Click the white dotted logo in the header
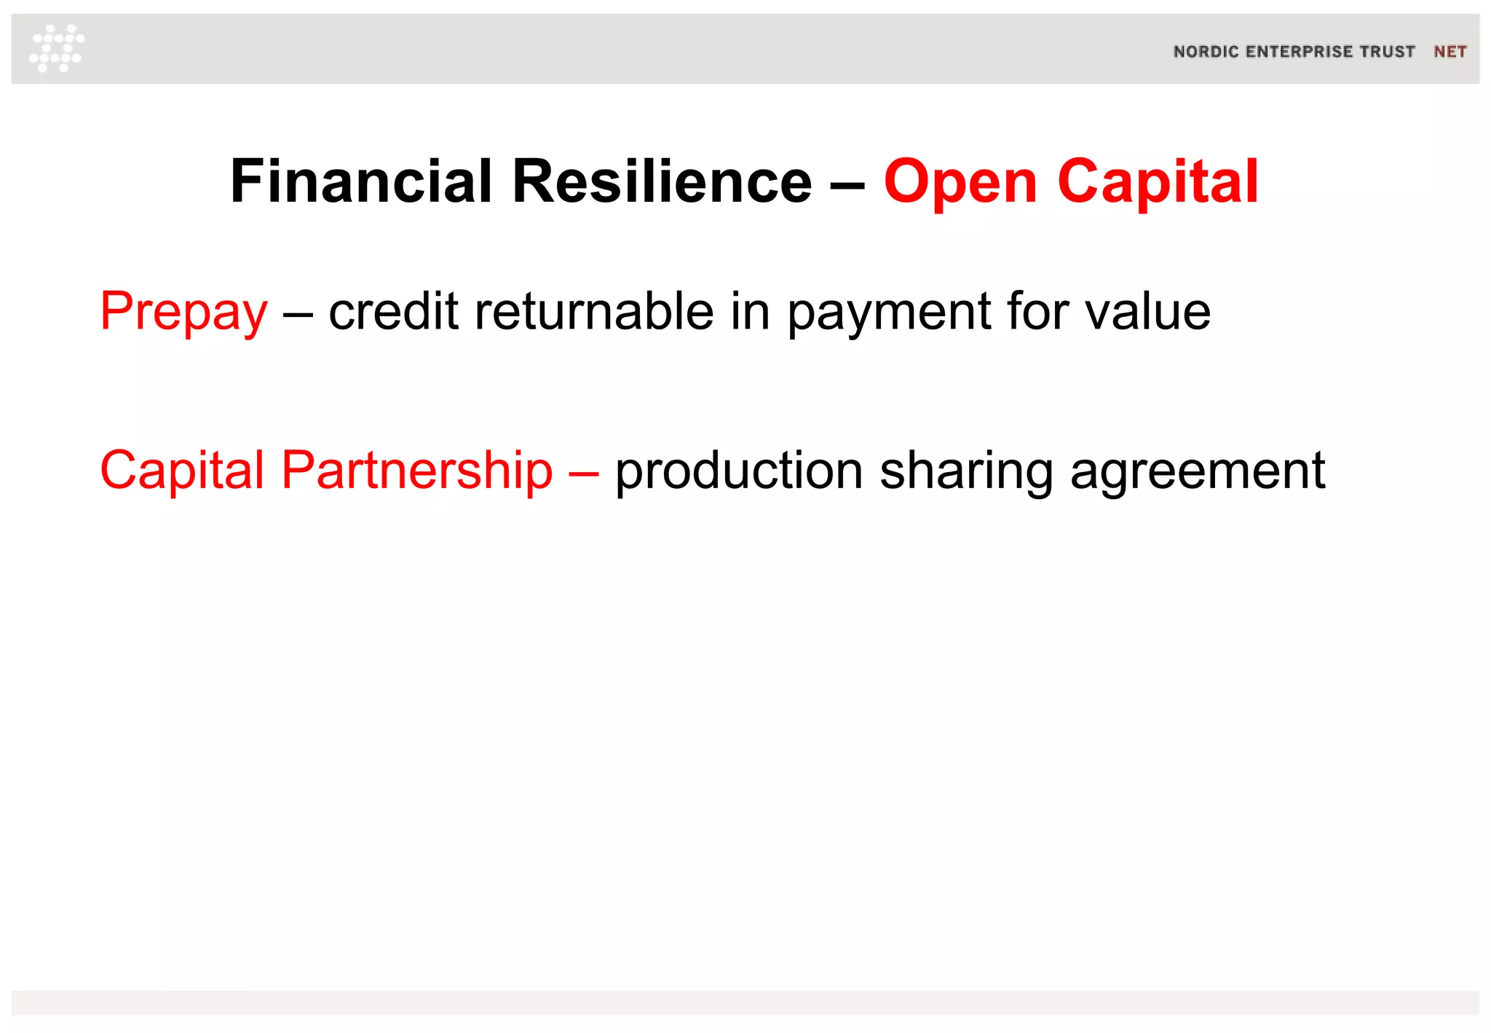(x=57, y=48)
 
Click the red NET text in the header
(x=1450, y=52)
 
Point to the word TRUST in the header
(x=1388, y=52)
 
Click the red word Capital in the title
(x=1158, y=182)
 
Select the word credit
(x=393, y=312)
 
